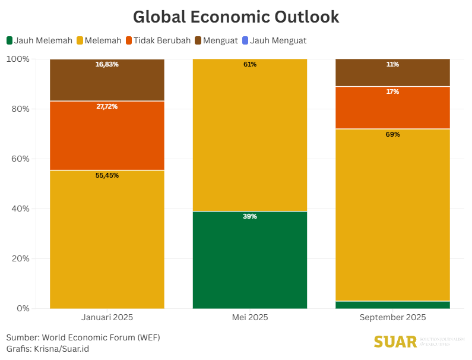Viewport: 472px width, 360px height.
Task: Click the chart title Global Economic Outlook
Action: point(236,17)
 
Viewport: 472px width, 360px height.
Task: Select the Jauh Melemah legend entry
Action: point(39,40)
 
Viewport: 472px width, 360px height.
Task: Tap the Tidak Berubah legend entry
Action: point(157,40)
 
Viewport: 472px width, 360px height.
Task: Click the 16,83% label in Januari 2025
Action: point(107,64)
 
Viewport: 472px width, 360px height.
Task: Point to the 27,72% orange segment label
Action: point(107,106)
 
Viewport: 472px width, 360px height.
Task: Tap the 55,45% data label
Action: point(107,175)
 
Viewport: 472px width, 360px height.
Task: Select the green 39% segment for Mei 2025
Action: point(250,260)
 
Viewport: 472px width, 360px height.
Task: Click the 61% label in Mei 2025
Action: point(250,64)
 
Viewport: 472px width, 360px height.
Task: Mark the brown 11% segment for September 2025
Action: point(392,73)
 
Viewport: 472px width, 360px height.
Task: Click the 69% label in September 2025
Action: point(392,134)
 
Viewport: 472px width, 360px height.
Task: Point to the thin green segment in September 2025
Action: point(392,305)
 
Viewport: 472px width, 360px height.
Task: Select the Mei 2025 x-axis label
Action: point(250,318)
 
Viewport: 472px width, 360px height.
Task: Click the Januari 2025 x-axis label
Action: point(107,318)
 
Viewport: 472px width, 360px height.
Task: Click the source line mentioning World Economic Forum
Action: point(83,337)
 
